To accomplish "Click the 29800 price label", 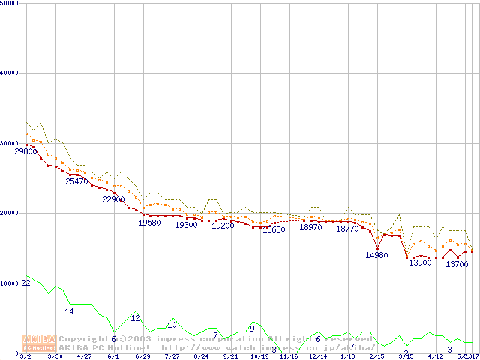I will [25, 151].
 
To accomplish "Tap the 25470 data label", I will [76, 181].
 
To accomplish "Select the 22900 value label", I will [113, 200].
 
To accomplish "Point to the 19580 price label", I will [150, 223].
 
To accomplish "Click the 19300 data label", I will [186, 225].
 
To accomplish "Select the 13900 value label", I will [420, 262].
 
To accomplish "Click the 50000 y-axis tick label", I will [9, 3].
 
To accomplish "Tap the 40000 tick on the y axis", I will [9, 73].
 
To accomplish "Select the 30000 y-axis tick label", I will [9, 143].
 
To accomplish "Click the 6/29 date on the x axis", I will [142, 356].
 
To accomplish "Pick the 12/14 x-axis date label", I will [318, 356].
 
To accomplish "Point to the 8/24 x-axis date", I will [201, 356].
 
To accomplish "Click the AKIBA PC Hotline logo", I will [39, 343].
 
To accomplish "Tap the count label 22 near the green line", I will [25, 283].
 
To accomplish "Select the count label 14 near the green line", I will [69, 311].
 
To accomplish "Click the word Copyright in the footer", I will [84, 339].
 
